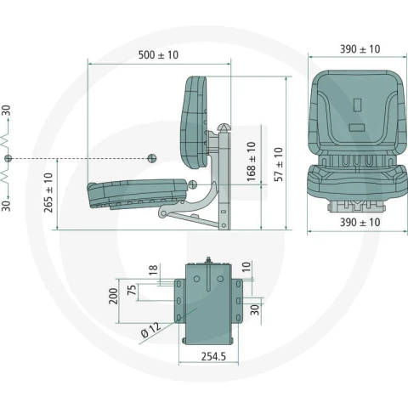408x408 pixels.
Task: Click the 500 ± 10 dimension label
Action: [x=158, y=54]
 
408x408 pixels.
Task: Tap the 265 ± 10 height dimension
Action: [x=48, y=193]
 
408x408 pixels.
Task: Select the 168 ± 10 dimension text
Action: [x=251, y=161]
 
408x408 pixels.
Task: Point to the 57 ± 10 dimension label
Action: [x=279, y=164]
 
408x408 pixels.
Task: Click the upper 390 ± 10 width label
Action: [x=360, y=49]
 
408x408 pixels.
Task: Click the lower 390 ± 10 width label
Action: [x=360, y=223]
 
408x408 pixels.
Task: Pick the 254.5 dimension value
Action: [x=213, y=356]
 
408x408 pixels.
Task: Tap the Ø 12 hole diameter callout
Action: [x=150, y=331]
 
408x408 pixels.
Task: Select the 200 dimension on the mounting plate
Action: [x=113, y=296]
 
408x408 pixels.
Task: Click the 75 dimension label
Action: [x=132, y=290]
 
